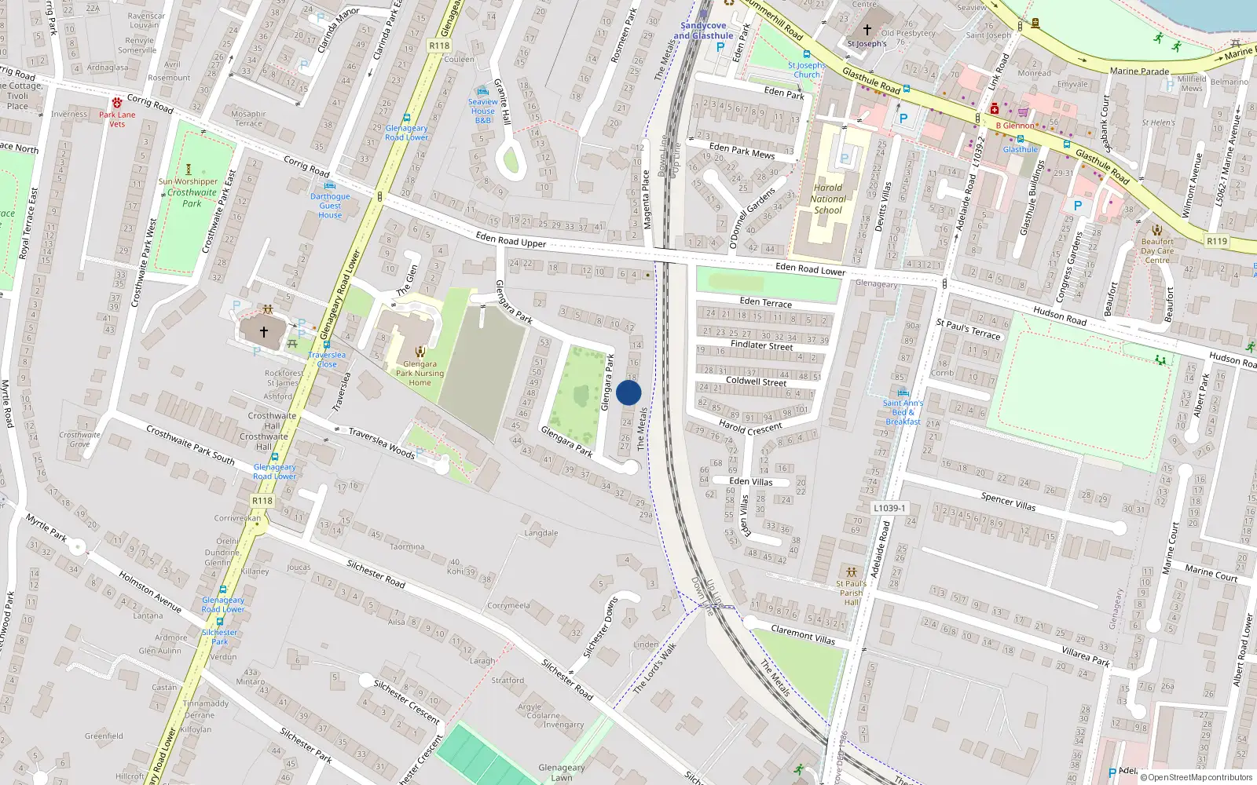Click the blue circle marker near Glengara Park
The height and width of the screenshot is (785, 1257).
[x=628, y=392]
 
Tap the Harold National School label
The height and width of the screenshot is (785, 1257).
[x=828, y=199]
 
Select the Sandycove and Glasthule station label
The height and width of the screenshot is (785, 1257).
[x=703, y=31]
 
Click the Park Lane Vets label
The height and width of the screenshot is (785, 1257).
[x=117, y=119]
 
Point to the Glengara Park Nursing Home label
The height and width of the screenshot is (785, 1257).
[x=420, y=373]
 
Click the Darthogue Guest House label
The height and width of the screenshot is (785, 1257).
[x=330, y=206]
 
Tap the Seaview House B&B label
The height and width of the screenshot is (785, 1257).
[x=483, y=111]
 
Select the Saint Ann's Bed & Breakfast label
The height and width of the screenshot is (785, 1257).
[x=903, y=412]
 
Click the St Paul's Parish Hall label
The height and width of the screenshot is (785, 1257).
[x=852, y=593]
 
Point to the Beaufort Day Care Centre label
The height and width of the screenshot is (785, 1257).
[x=1157, y=250]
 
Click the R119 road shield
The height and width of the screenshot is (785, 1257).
[x=1217, y=241]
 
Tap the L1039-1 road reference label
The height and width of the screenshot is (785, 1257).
[x=889, y=508]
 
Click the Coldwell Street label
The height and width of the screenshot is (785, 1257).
[x=756, y=382]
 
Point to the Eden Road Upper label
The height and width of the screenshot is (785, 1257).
[x=511, y=239]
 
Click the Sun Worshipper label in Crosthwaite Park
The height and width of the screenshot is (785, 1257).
[x=188, y=181]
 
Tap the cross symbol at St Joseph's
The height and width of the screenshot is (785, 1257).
[x=867, y=30]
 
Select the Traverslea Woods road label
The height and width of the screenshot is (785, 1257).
[x=381, y=442]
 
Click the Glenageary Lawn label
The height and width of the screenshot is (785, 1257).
[x=561, y=772]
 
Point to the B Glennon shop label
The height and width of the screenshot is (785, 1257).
[x=1015, y=126]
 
